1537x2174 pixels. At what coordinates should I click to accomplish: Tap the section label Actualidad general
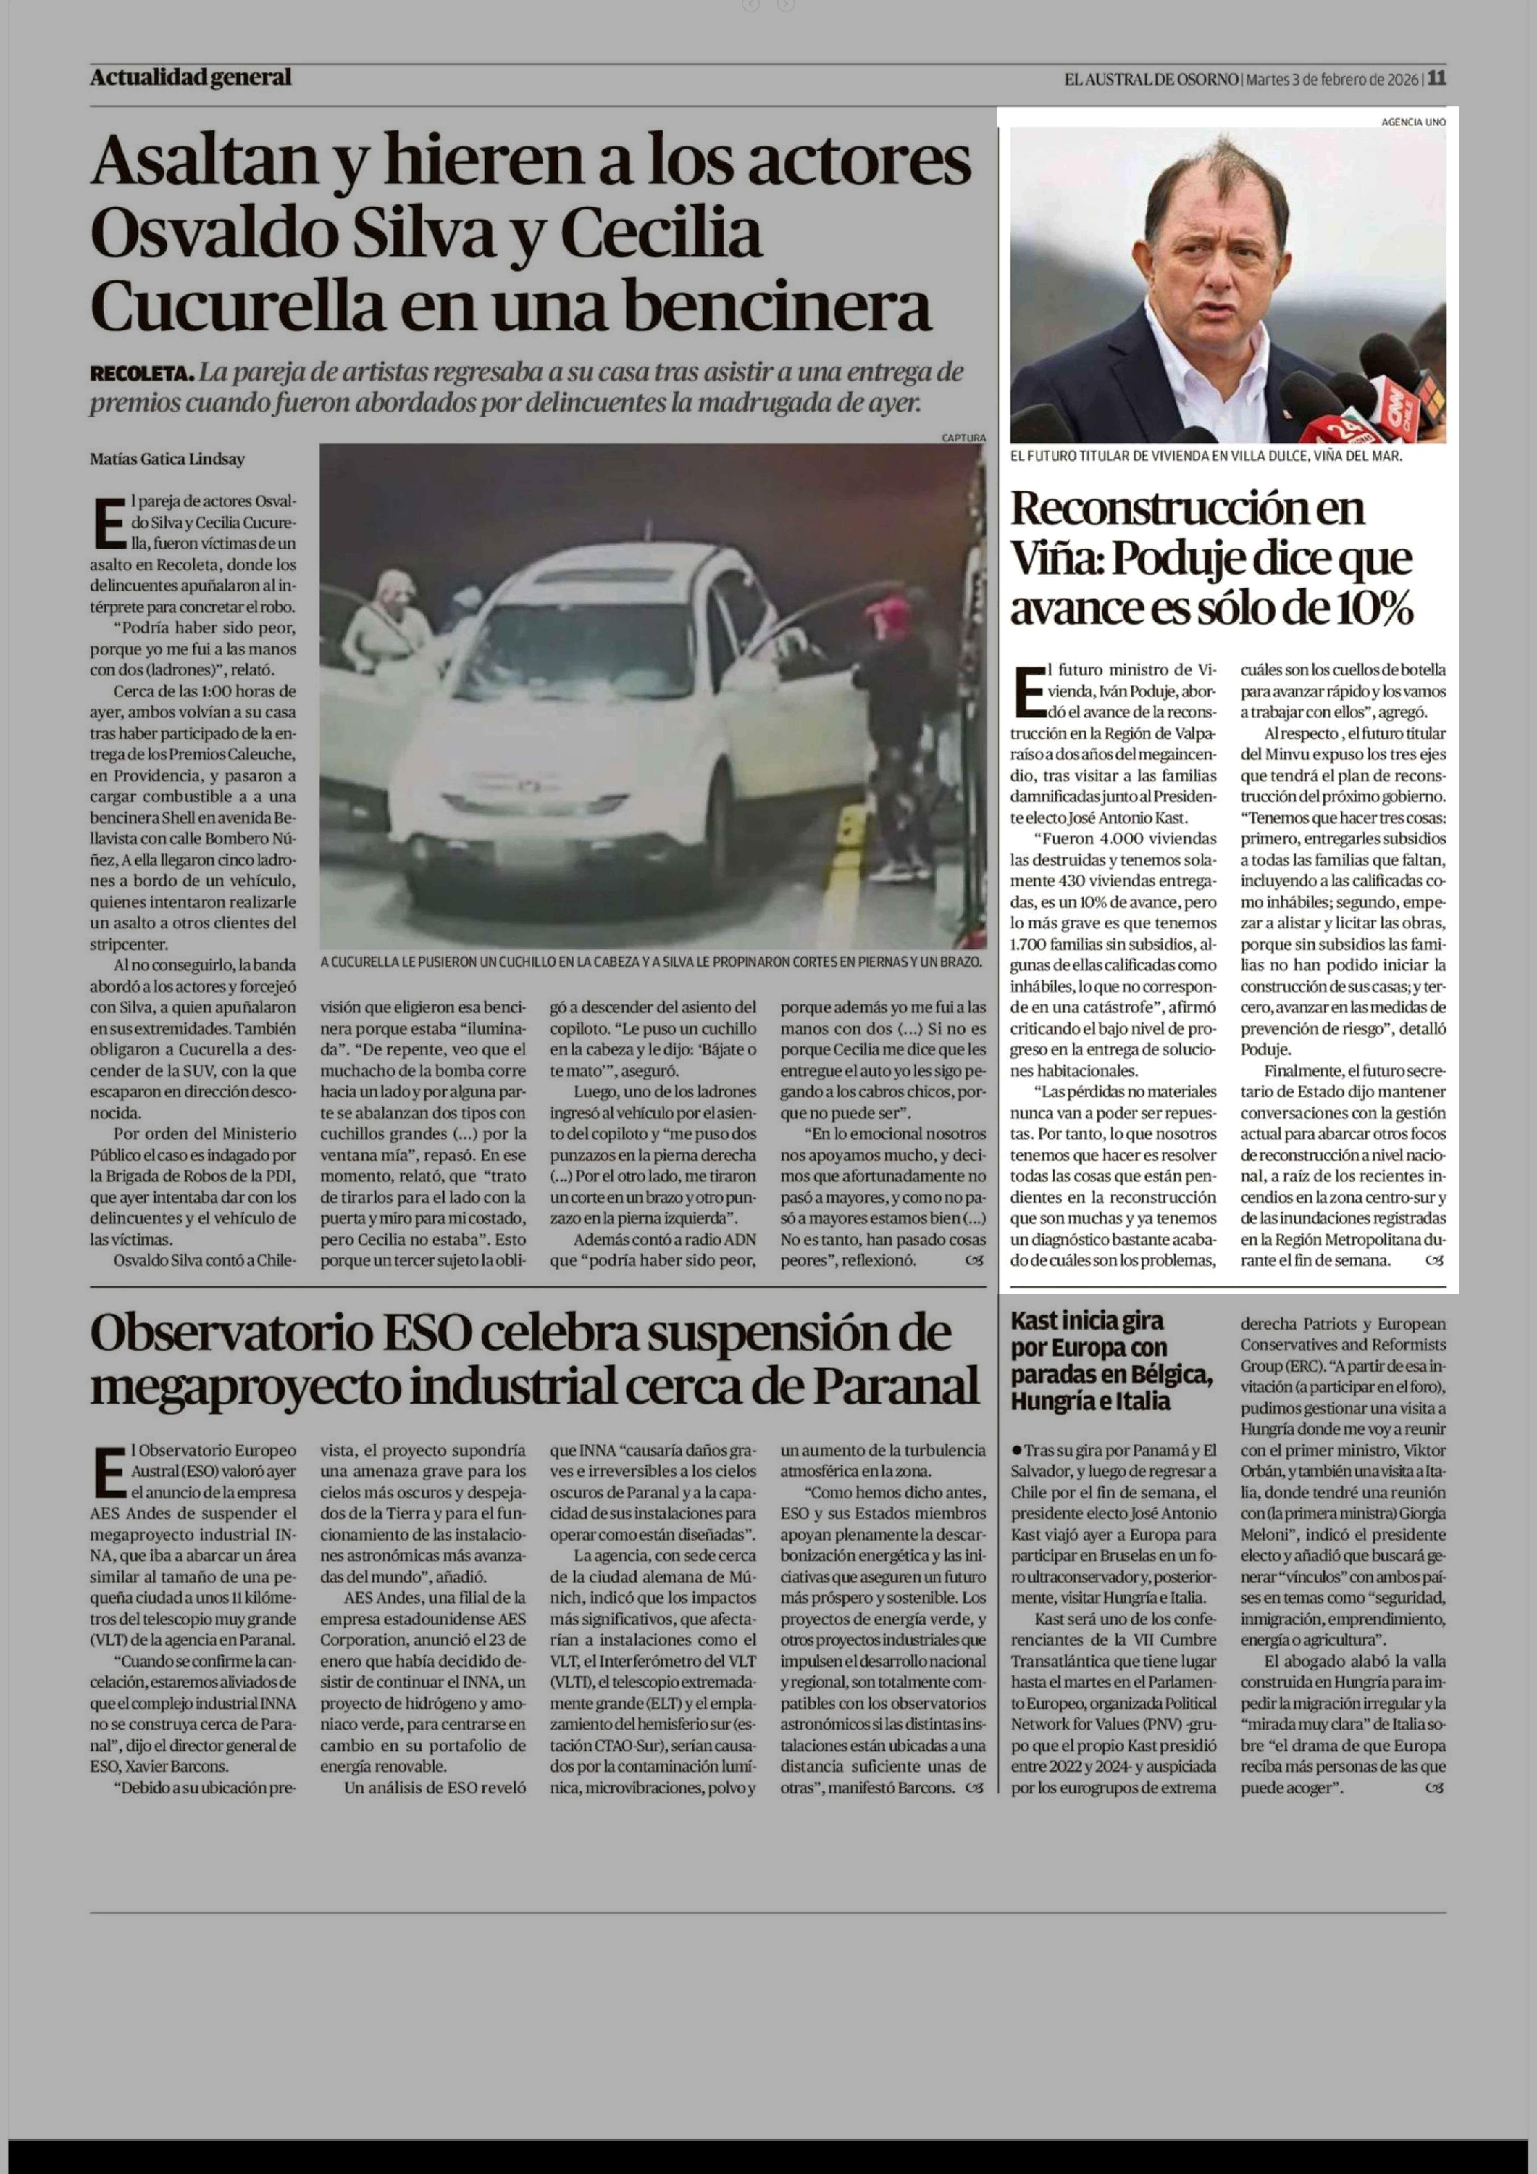click(190, 78)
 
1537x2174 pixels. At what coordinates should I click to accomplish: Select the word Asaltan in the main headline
click(204, 161)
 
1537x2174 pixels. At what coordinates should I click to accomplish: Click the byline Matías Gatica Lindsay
click(168, 459)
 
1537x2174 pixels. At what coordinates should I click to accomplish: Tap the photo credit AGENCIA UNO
click(1413, 122)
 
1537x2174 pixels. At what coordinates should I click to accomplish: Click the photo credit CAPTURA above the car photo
click(964, 437)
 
